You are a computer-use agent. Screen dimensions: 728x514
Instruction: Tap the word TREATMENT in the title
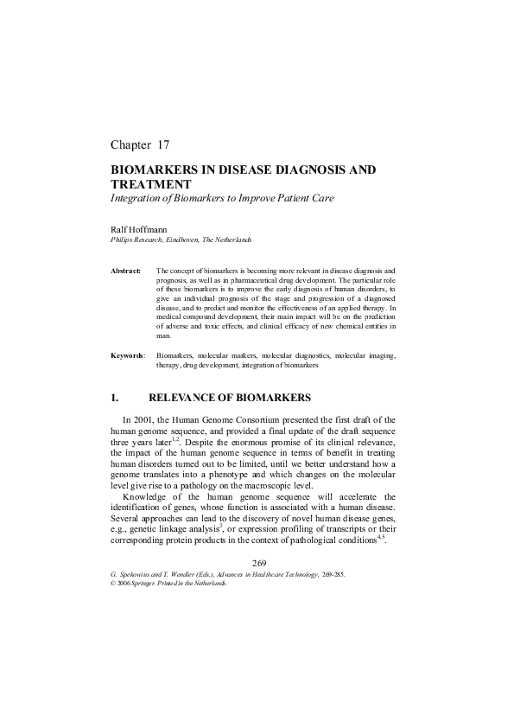coord(151,185)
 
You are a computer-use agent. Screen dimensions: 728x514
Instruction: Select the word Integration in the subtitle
coord(138,199)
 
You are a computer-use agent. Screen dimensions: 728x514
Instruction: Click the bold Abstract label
coord(125,271)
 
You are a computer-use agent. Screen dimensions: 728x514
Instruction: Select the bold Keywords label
coord(128,355)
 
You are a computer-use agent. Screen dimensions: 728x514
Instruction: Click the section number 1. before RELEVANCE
coord(114,399)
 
